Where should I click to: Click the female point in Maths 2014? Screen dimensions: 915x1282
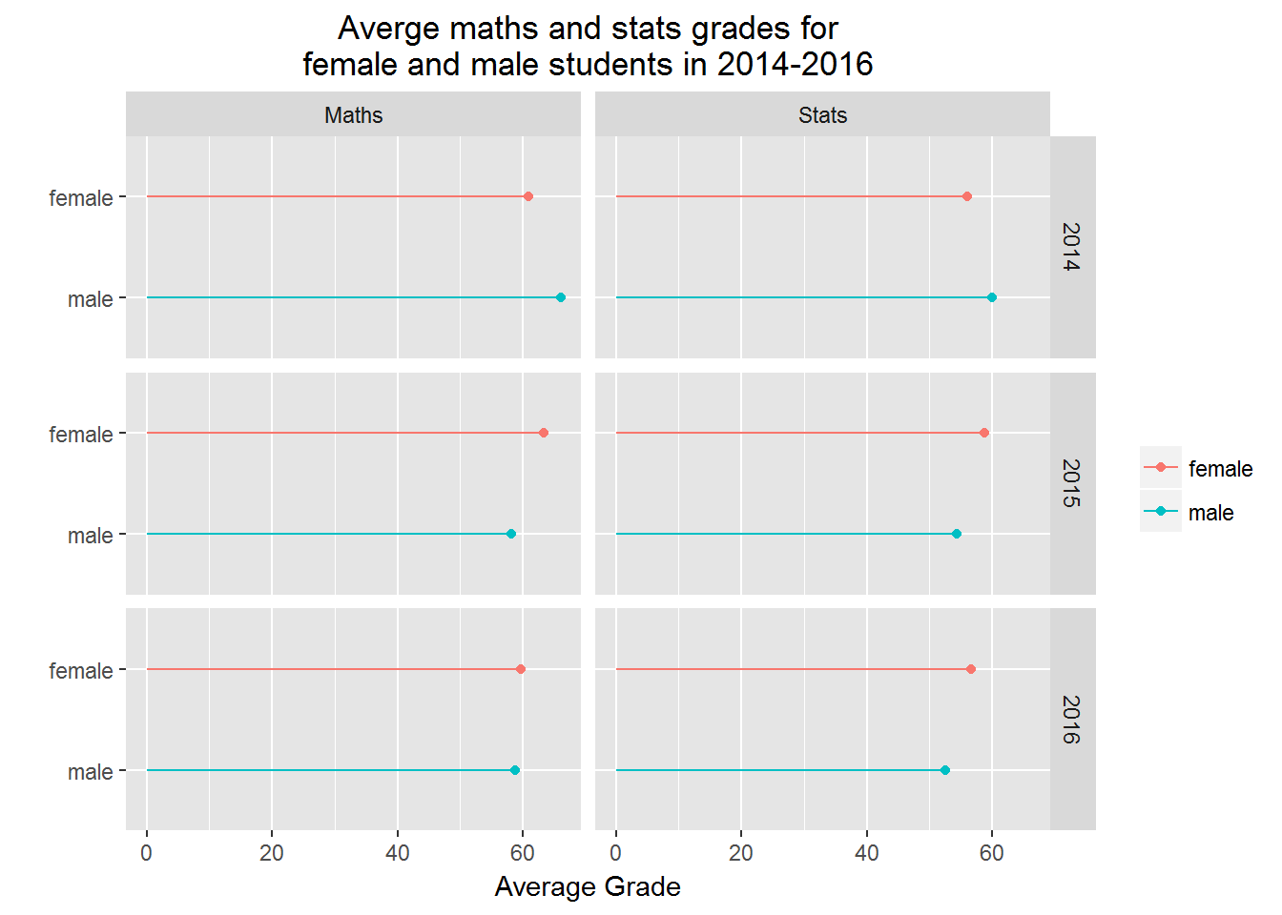528,196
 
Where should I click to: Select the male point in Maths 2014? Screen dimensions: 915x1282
561,297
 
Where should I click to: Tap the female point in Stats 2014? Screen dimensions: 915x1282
967,196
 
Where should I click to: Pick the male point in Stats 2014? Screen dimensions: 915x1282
992,297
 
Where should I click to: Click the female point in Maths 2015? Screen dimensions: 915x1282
544,433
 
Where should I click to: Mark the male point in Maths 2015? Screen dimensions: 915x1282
511,534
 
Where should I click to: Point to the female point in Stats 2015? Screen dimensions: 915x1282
984,433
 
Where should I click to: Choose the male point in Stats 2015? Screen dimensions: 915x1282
957,534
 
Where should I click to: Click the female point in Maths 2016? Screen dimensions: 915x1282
521,669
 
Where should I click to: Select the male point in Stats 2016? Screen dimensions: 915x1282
945,770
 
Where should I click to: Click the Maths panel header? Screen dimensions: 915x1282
353,115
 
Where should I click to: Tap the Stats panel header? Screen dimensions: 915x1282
822,115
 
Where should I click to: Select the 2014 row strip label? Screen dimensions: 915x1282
1071,247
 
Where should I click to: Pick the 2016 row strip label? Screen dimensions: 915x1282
1071,720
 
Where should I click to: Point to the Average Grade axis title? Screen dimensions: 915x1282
588,887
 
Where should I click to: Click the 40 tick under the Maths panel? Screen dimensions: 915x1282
398,853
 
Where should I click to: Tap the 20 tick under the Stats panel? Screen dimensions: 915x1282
741,853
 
